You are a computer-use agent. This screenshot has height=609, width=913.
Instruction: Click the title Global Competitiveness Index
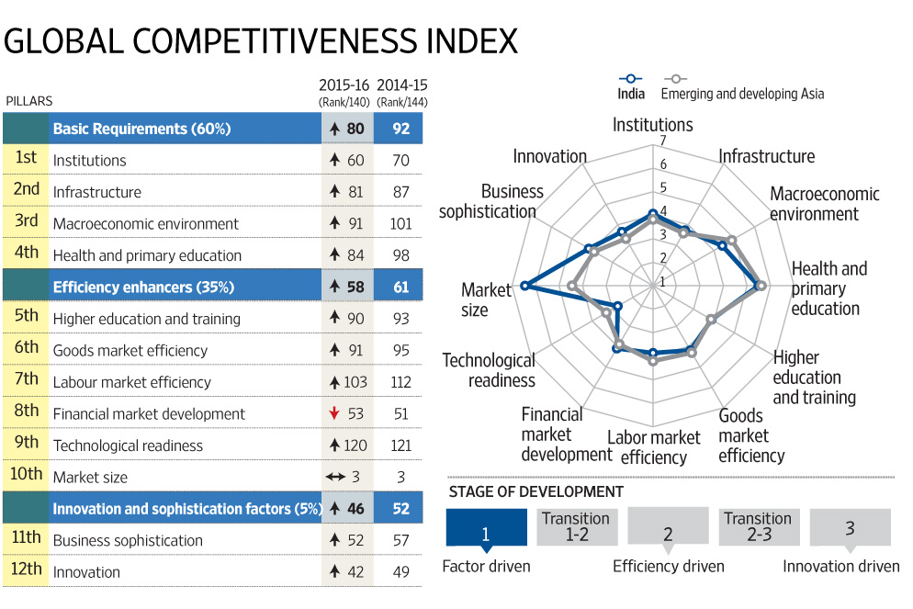click(261, 41)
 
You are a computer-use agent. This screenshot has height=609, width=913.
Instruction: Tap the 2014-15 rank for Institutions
click(400, 161)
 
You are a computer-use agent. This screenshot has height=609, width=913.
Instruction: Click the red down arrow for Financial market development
click(334, 414)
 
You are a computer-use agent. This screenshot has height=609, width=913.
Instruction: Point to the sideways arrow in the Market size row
click(334, 478)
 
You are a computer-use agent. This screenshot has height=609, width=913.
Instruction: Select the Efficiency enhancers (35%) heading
click(143, 288)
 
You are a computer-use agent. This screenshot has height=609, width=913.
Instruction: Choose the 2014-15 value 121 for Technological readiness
click(400, 445)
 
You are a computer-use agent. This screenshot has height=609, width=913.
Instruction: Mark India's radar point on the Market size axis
click(524, 286)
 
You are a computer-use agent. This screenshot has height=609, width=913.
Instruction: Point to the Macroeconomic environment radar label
click(824, 204)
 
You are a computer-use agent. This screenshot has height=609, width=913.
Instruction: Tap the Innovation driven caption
click(840, 567)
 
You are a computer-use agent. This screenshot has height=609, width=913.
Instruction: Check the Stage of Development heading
click(535, 492)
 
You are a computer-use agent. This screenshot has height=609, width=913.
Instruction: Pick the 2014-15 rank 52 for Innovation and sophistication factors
click(400, 509)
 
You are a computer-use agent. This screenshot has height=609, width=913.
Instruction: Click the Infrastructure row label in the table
click(97, 193)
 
